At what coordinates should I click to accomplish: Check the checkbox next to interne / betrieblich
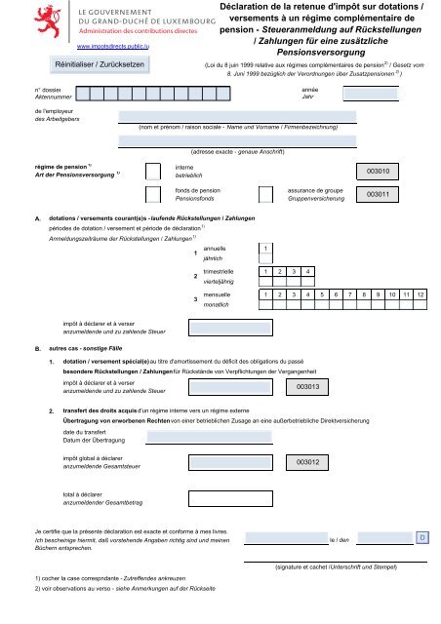pyautogui.click(x=151, y=171)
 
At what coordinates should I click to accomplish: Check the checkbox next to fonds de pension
pyautogui.click(x=151, y=193)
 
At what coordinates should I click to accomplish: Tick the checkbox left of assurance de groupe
pyautogui.click(x=269, y=193)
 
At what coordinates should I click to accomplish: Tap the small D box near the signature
pyautogui.click(x=421, y=537)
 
